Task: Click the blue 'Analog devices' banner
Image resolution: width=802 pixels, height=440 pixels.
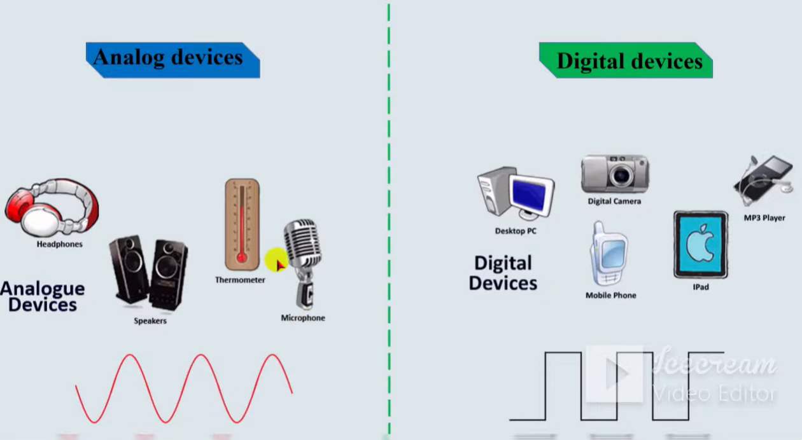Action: tap(173, 60)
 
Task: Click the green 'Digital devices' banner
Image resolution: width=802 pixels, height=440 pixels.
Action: tap(626, 60)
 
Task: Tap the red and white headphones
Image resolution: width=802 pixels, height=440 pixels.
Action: tap(52, 207)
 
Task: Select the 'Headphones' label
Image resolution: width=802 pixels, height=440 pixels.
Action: tap(60, 244)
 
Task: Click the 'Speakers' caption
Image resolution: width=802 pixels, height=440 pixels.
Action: tap(150, 321)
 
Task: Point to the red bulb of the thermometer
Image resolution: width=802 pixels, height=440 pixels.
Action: tap(242, 258)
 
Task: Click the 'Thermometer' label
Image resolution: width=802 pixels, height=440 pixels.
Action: tap(240, 280)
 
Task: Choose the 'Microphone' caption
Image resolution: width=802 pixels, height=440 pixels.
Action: tap(303, 318)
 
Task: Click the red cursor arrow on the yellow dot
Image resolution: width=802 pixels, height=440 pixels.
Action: tap(280, 265)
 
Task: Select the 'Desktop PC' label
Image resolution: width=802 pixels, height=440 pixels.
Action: tap(516, 231)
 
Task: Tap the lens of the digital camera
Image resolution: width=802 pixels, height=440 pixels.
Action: tap(621, 175)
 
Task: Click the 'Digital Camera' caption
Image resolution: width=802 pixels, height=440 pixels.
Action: tap(614, 202)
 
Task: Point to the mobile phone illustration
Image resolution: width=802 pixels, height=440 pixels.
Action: tap(609, 253)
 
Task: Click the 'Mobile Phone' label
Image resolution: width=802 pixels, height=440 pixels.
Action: tap(611, 296)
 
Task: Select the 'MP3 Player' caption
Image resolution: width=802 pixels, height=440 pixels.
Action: tap(764, 218)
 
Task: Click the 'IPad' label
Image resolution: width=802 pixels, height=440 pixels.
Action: tap(701, 287)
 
